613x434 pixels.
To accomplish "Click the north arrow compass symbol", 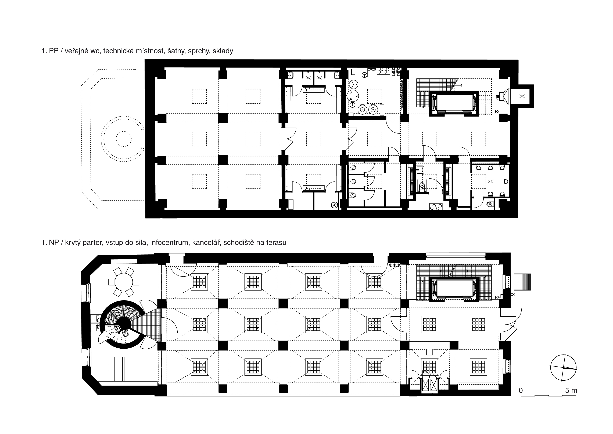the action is [x=563, y=368].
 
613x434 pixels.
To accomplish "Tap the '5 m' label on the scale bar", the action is [x=571, y=390].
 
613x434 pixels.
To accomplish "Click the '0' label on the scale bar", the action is [x=521, y=390].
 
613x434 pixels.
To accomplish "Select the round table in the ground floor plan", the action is [x=124, y=282].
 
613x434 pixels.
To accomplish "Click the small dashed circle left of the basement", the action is [x=124, y=139].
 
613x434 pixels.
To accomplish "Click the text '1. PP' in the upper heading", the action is [x=50, y=51].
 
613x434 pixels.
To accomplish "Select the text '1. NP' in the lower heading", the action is [x=50, y=243].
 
